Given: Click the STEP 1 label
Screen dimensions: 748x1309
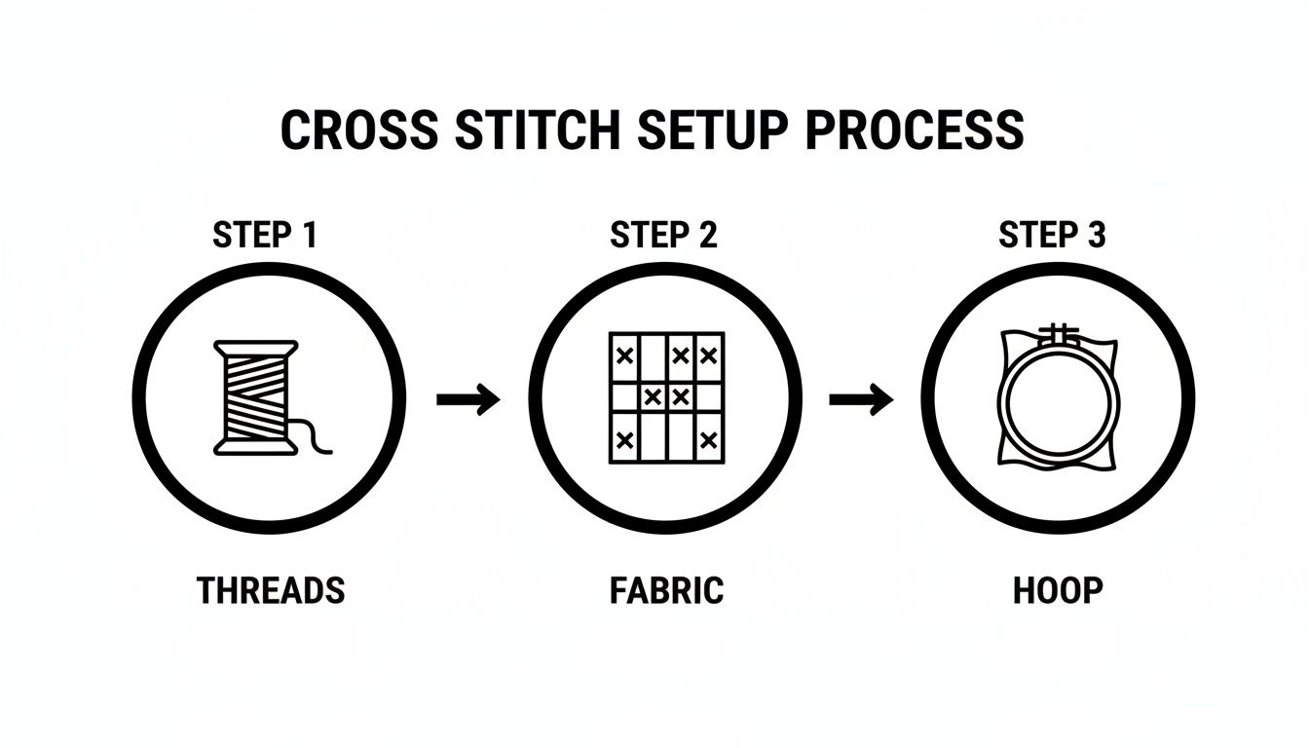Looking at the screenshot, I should (264, 236).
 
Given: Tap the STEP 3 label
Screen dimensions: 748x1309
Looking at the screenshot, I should (1053, 236).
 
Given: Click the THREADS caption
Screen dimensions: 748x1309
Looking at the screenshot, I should (271, 590).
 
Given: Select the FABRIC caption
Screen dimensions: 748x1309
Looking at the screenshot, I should (667, 590).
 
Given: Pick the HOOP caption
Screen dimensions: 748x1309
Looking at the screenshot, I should (1058, 590).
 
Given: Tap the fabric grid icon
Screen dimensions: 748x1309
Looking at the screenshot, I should (667, 397).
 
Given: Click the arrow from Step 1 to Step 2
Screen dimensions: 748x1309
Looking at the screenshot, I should (468, 398).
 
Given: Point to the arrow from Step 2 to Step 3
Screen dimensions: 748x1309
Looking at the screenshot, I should (861, 398).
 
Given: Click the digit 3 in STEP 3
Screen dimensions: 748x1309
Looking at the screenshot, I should (1096, 236).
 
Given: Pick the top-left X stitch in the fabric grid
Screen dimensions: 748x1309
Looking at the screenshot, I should (625, 356).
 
